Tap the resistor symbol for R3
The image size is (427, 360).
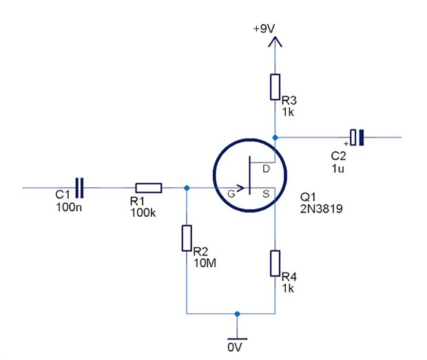(x=275, y=87)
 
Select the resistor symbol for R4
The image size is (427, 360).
(x=275, y=262)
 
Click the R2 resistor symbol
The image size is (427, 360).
(x=187, y=237)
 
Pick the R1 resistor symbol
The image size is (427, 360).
(x=148, y=188)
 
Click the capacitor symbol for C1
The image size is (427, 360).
(x=80, y=187)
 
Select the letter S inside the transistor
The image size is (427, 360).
(x=266, y=193)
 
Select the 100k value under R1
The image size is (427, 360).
(x=143, y=213)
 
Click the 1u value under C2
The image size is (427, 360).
(x=337, y=167)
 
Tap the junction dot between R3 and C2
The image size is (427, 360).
(x=275, y=138)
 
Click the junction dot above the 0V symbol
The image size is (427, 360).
(x=237, y=313)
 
